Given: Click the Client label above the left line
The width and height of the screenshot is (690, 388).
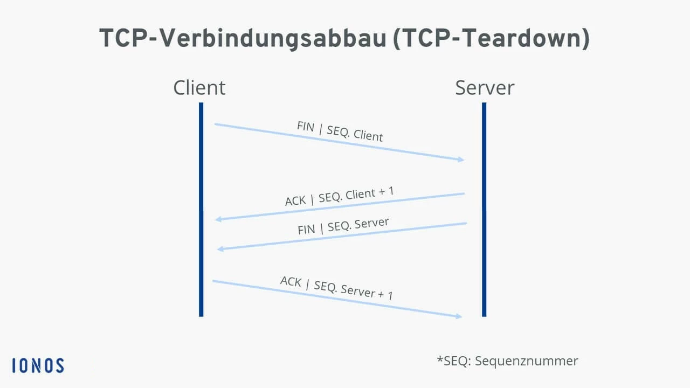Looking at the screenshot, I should pyautogui.click(x=199, y=87).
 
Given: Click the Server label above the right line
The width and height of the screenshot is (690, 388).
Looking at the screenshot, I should pyautogui.click(x=485, y=87).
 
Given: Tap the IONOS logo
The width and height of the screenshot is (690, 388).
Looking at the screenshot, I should pyautogui.click(x=38, y=365).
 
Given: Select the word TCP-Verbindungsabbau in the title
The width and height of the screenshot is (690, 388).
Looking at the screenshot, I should pyautogui.click(x=242, y=39).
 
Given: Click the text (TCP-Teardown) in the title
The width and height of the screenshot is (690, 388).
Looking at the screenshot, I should pyautogui.click(x=491, y=39).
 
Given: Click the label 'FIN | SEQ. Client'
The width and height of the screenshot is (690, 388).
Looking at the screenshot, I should pyautogui.click(x=340, y=131).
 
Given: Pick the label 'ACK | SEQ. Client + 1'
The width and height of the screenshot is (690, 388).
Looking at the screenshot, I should pyautogui.click(x=340, y=197).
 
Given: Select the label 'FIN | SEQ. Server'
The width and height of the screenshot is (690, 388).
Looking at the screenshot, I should pyautogui.click(x=343, y=226).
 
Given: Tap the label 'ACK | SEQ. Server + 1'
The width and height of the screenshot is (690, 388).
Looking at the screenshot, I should pyautogui.click(x=336, y=287).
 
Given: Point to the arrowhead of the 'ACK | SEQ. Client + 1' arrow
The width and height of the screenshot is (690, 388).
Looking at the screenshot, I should pyautogui.click(x=218, y=219).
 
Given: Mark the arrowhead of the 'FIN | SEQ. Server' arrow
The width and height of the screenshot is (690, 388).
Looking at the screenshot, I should pyautogui.click(x=219, y=249).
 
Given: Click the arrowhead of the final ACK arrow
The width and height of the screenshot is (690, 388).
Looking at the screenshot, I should pyautogui.click(x=459, y=316).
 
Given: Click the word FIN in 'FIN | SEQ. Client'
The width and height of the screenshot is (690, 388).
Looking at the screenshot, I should pyautogui.click(x=305, y=126).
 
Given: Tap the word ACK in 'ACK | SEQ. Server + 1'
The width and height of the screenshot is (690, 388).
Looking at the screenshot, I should pyautogui.click(x=291, y=281).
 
